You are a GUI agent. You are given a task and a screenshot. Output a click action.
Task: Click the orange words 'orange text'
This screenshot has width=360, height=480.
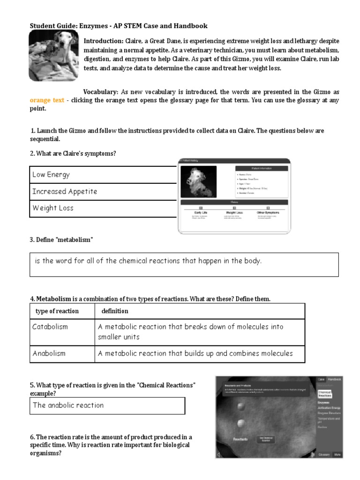point(47,100)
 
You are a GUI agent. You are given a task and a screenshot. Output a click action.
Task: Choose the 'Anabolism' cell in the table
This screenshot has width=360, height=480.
point(62,353)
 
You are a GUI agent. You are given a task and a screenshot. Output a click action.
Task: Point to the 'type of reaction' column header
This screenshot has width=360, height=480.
point(57,311)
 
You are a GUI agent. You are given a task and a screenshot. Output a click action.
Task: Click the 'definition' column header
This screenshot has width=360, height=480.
point(115,311)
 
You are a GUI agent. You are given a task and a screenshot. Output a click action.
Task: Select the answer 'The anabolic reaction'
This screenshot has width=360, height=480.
point(107,405)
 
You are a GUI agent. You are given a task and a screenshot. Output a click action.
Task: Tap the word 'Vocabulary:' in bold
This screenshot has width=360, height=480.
point(100,92)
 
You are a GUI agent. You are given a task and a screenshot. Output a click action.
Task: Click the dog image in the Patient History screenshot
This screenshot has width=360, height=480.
point(198,181)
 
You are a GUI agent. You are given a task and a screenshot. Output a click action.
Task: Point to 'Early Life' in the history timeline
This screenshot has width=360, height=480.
point(201,212)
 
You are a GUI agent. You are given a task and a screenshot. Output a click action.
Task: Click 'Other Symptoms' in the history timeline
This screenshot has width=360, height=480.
point(268,212)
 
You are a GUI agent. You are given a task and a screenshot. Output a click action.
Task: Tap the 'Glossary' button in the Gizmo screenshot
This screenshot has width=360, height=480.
point(324,454)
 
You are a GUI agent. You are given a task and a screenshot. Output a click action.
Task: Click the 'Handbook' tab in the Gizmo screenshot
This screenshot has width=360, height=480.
point(335,379)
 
